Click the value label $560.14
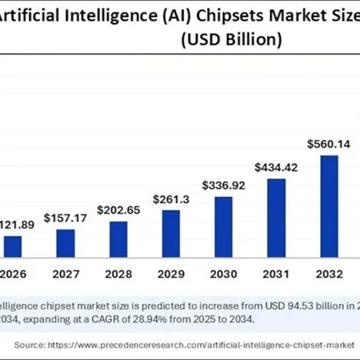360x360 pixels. [328, 143]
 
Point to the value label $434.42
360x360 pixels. [276, 167]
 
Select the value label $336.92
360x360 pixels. [223, 185]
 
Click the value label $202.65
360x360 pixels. [118, 210]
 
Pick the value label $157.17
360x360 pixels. [66, 218]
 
